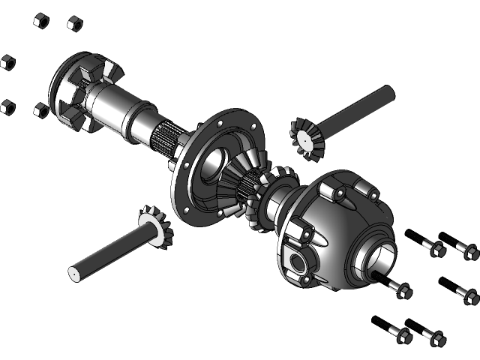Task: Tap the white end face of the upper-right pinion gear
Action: (307, 139)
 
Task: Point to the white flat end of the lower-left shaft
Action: (75, 274)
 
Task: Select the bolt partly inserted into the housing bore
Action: (397, 287)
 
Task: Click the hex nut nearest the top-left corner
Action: (41, 20)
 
